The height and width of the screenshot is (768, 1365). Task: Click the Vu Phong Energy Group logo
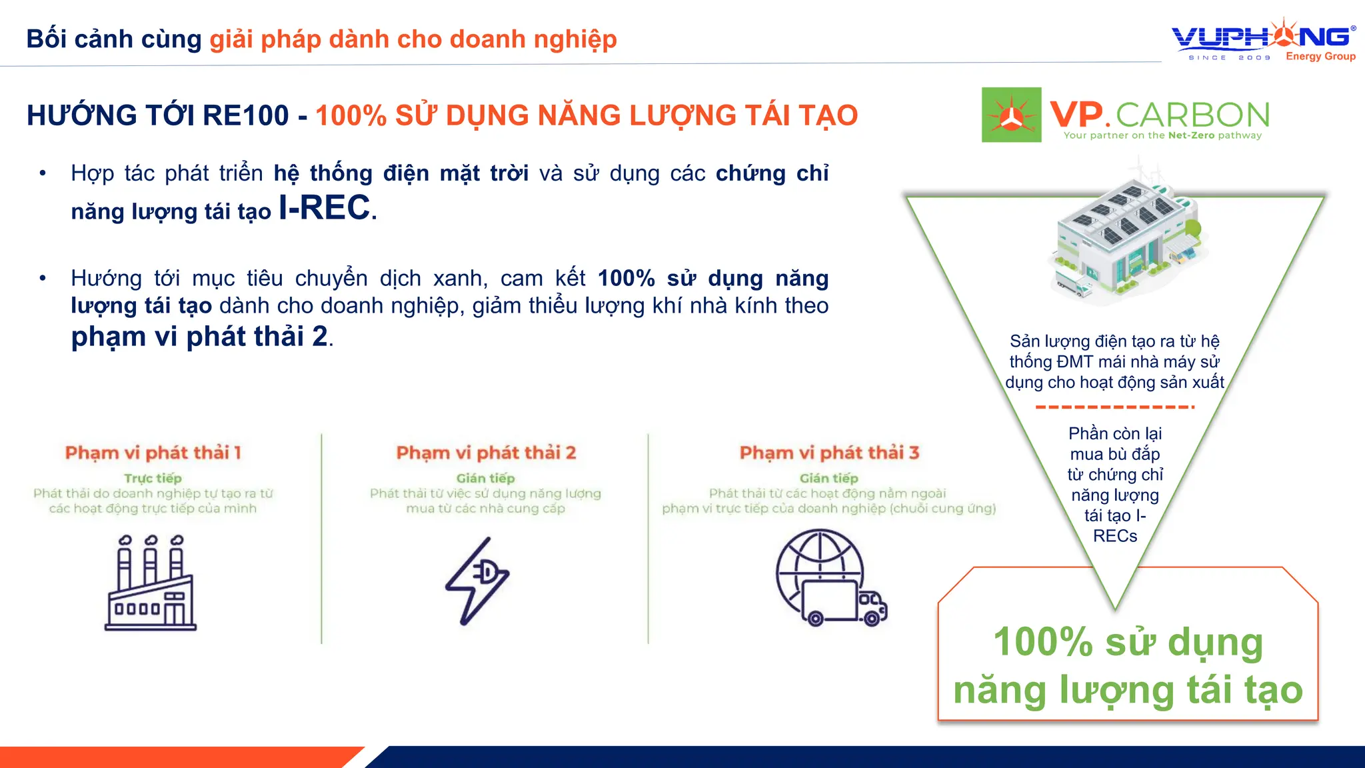tap(1263, 40)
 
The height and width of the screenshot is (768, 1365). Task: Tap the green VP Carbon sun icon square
tap(1011, 115)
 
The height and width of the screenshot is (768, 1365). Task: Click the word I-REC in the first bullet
tap(324, 208)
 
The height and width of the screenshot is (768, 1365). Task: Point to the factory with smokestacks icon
tap(151, 583)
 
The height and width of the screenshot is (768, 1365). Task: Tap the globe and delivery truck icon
tap(830, 579)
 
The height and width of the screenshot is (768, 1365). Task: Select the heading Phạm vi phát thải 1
tap(153, 453)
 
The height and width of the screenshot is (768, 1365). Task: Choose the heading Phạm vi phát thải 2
tap(486, 453)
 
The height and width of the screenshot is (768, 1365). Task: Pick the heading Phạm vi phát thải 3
tap(829, 453)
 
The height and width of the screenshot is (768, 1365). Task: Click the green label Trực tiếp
tap(153, 478)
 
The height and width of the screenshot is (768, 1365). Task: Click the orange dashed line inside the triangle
tap(1114, 407)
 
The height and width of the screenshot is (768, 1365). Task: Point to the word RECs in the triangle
tap(1115, 536)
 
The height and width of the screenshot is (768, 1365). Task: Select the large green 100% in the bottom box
tap(1042, 642)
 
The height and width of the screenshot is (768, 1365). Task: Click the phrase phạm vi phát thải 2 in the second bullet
tap(199, 337)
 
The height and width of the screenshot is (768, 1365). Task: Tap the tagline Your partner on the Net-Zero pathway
tap(1162, 135)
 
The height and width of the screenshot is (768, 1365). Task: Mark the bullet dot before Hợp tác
tap(43, 174)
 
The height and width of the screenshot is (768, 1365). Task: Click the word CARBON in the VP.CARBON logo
tap(1192, 115)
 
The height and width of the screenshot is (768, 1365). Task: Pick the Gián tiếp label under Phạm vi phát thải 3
tap(829, 478)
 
